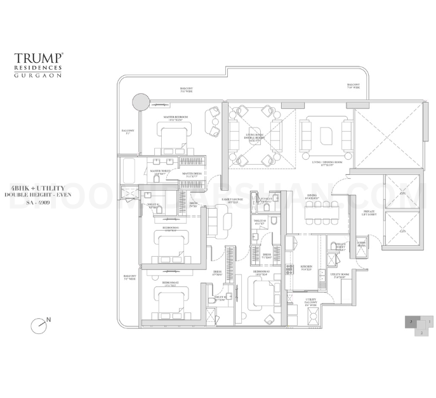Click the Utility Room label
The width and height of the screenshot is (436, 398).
(336, 277)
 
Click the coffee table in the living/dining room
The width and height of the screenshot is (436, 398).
(328, 135)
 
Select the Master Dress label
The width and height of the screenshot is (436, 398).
(192, 174)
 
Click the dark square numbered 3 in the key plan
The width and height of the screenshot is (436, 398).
(411, 323)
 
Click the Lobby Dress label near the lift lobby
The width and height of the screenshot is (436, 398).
(361, 244)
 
